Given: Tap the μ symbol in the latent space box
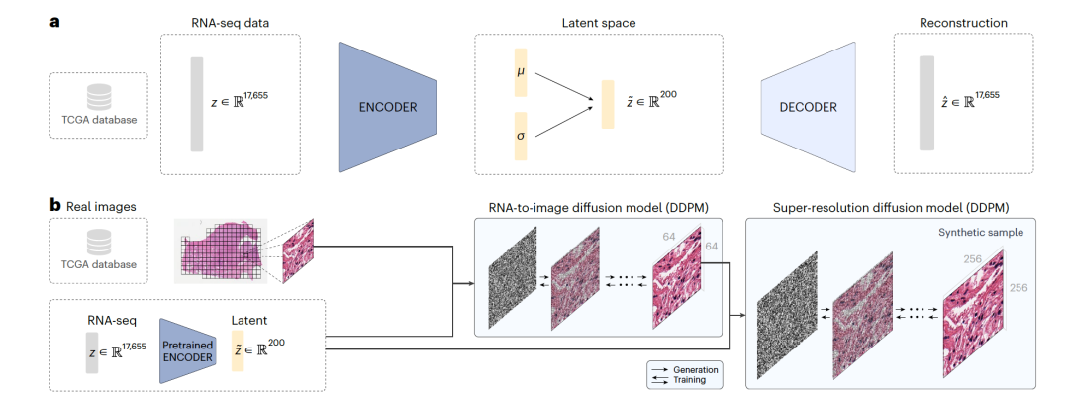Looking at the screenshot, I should click(521, 72).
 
